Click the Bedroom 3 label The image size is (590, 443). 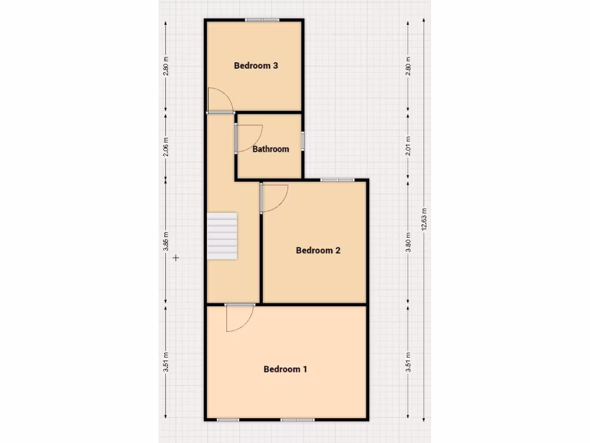pyautogui.click(x=256, y=66)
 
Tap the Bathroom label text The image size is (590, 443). pyautogui.click(x=271, y=149)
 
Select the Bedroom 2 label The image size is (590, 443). pyautogui.click(x=318, y=250)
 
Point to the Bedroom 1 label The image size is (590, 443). pyautogui.click(x=285, y=369)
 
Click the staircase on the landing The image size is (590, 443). pyautogui.click(x=222, y=236)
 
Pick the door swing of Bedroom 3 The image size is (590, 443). pyautogui.click(x=220, y=100)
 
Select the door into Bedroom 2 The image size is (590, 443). pyautogui.click(x=274, y=198)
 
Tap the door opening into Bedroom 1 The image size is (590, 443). pyautogui.click(x=240, y=318)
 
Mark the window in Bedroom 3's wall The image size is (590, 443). pyautogui.click(x=262, y=21)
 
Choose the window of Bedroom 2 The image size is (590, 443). pyautogui.click(x=338, y=180)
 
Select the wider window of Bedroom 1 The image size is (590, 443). pyautogui.click(x=298, y=419)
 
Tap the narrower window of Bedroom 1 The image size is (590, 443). pyautogui.click(x=228, y=419)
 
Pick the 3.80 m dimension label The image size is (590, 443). pyautogui.click(x=408, y=242)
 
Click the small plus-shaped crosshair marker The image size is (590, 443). pyautogui.click(x=176, y=258)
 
